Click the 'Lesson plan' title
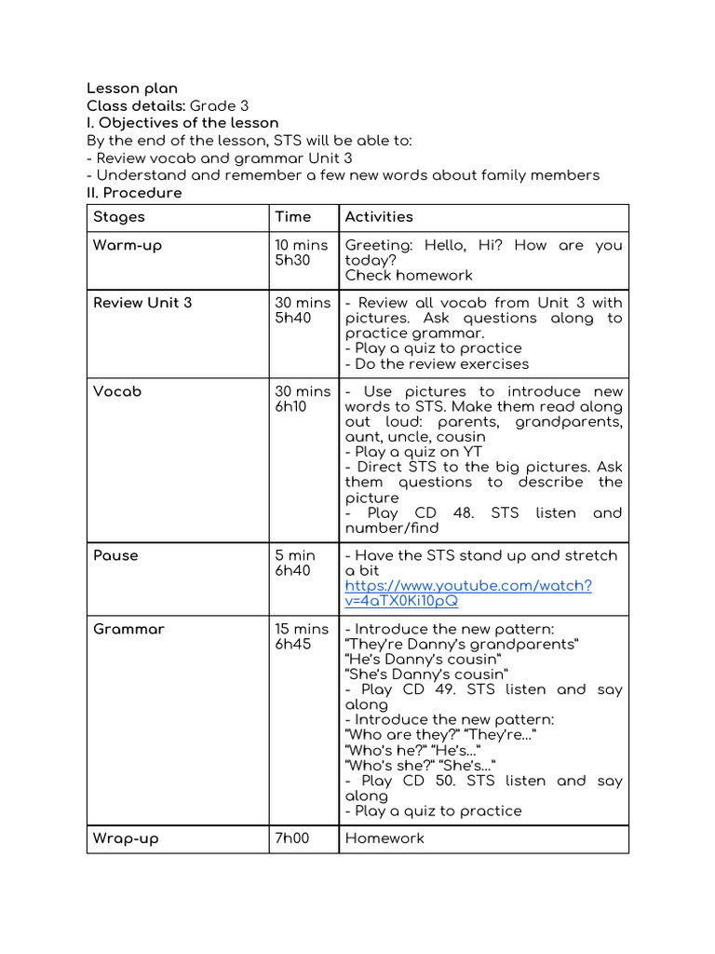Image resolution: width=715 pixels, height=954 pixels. tap(132, 89)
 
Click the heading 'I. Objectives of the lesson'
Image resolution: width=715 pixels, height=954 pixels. tap(182, 123)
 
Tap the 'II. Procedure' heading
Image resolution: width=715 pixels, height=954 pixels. tap(134, 193)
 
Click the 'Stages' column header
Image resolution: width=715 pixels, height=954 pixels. tap(119, 217)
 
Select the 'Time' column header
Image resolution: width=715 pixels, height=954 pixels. tap(292, 217)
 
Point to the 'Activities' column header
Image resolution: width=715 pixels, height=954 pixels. tap(379, 217)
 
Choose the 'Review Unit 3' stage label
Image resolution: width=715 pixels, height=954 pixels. tap(142, 303)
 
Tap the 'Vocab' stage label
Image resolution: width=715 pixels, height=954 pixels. tap(117, 392)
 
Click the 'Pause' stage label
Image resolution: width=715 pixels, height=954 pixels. tap(115, 556)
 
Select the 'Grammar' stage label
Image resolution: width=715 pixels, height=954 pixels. tap(128, 630)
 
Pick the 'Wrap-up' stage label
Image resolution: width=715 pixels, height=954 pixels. tap(126, 838)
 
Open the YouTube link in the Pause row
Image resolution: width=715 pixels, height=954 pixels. tap(467, 593)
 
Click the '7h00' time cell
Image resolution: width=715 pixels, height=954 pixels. tap(291, 838)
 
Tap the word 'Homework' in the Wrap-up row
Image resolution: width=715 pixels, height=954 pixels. tap(384, 838)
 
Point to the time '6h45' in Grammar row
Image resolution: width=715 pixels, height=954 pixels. tap(293, 645)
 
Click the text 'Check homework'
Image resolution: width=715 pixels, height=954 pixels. tap(409, 276)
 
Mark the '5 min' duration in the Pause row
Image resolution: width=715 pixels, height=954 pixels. tap(295, 556)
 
